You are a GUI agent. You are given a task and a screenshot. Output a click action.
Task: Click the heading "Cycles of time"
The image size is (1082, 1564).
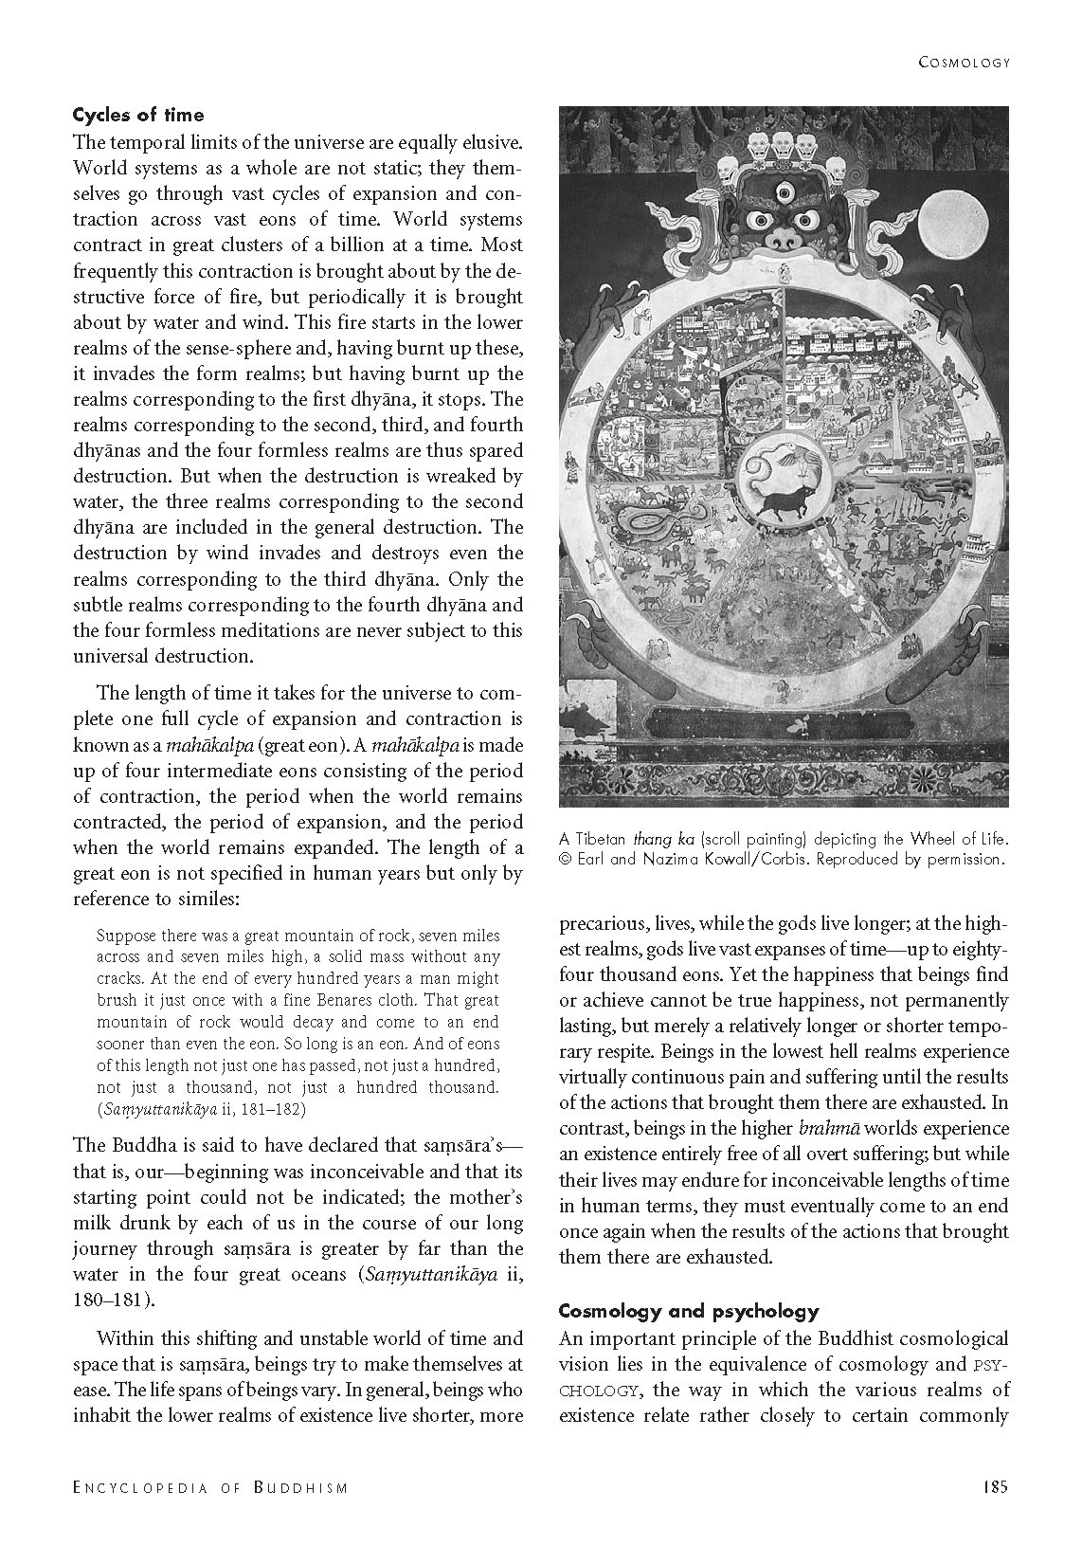(x=138, y=116)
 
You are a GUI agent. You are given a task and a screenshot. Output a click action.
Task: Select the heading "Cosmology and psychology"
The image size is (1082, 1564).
(x=688, y=1312)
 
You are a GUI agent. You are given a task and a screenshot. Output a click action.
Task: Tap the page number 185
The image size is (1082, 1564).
(x=994, y=1487)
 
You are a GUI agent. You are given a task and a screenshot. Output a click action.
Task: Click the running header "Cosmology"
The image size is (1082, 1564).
(x=965, y=63)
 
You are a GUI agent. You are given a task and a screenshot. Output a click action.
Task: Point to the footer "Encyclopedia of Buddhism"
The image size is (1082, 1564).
(x=210, y=1488)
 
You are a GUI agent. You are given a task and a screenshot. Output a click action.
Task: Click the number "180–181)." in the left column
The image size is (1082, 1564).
(x=114, y=1300)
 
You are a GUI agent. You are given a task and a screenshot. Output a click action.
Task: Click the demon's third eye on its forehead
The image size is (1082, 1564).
(x=783, y=193)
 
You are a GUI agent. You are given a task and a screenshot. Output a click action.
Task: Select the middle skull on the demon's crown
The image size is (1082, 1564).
(x=783, y=145)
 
